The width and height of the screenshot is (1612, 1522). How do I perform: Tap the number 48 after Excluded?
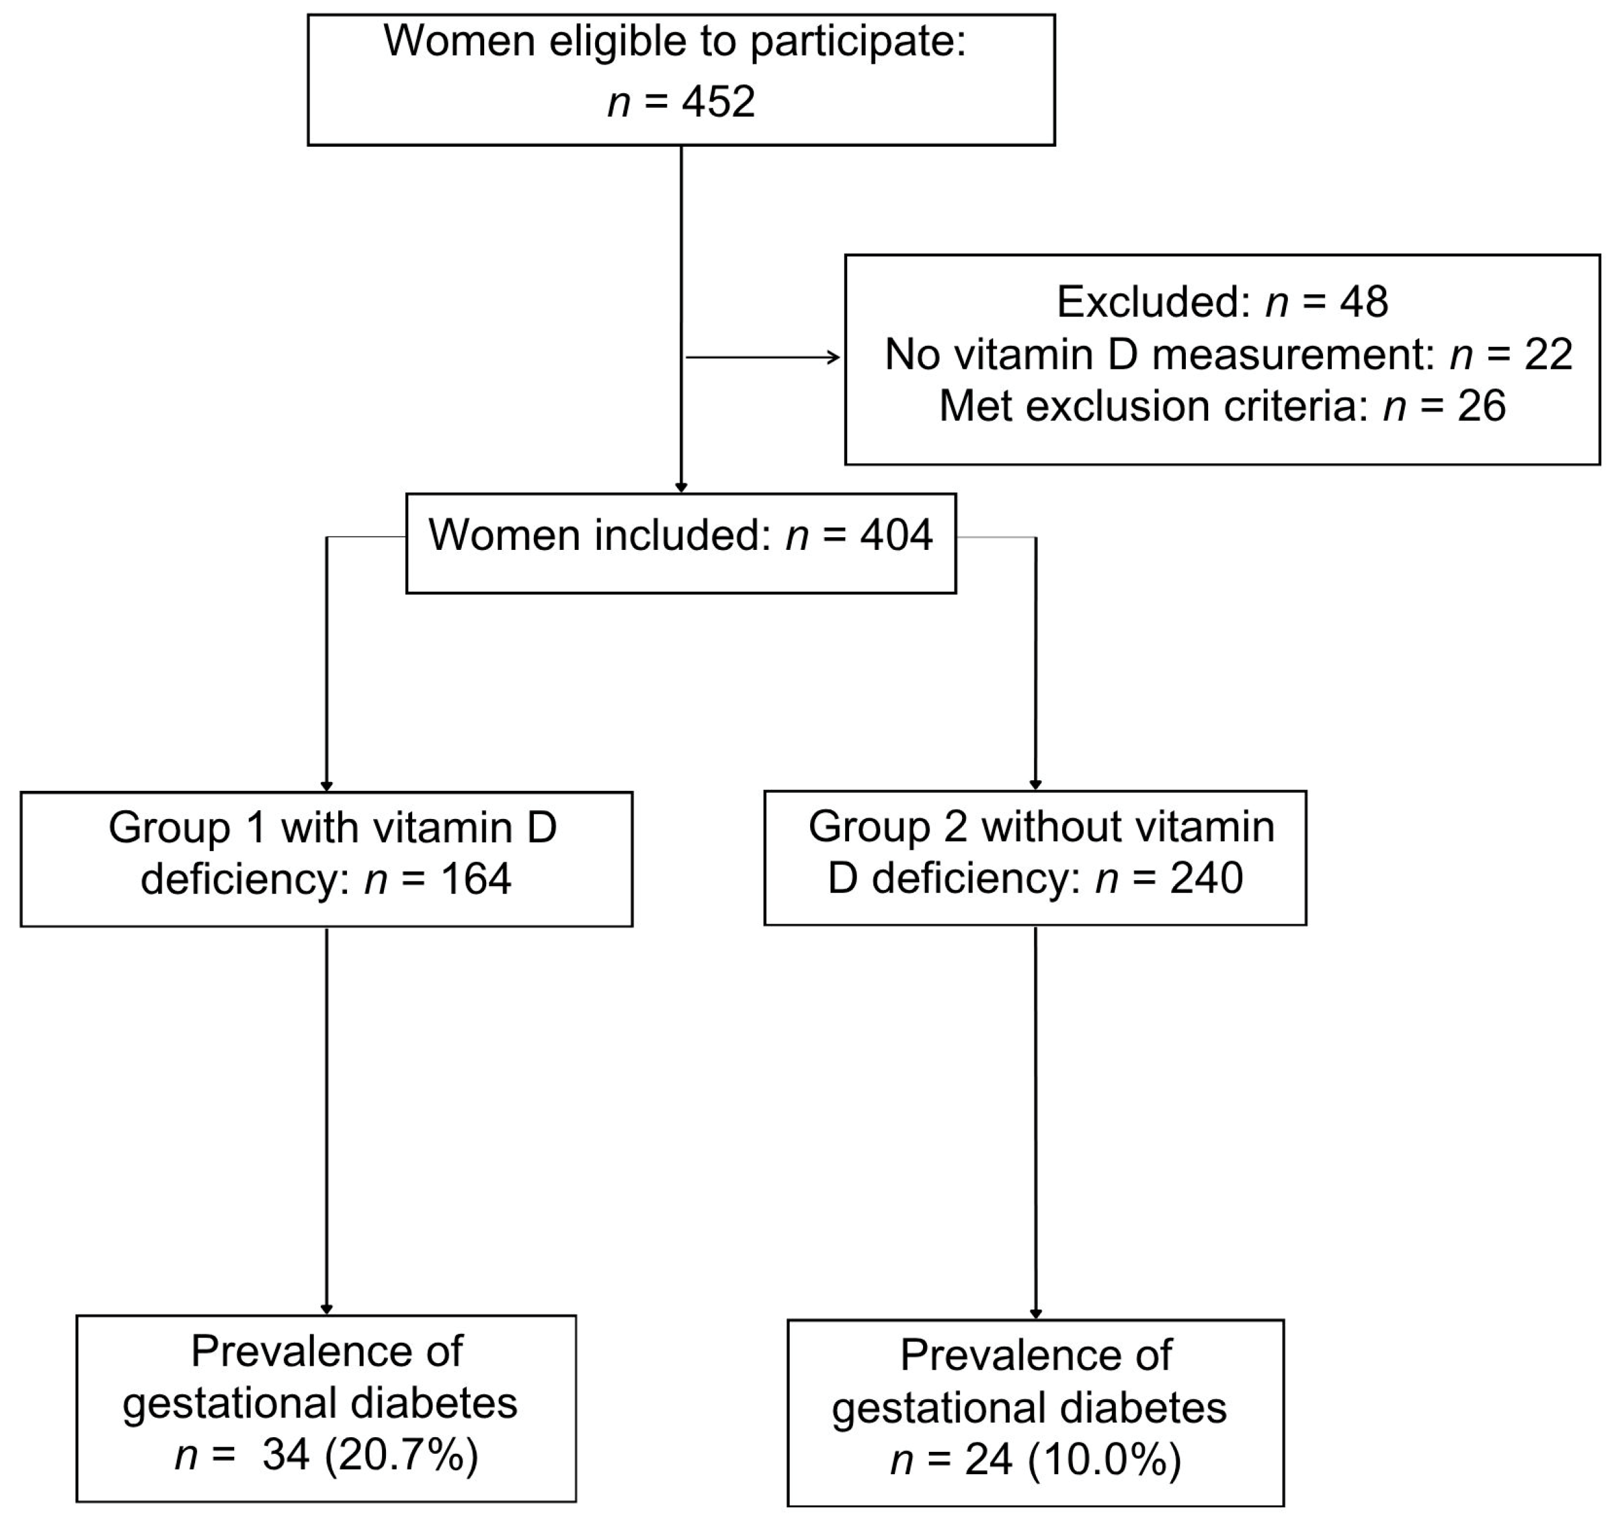1364,302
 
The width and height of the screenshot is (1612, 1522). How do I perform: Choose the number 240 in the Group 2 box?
1206,878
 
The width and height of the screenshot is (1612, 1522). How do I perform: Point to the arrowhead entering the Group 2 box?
1035,785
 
